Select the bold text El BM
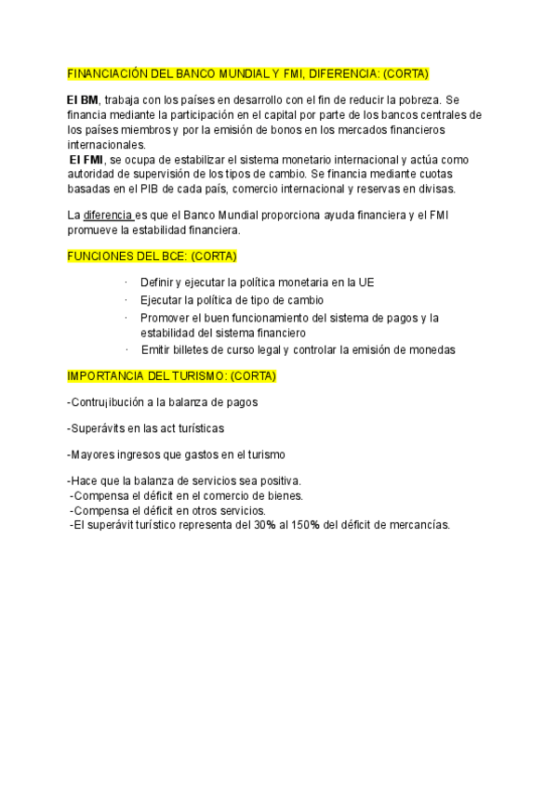point(82,100)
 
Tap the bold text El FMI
point(88,160)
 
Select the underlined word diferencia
point(108,216)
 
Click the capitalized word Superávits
point(100,428)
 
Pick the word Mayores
point(94,454)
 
